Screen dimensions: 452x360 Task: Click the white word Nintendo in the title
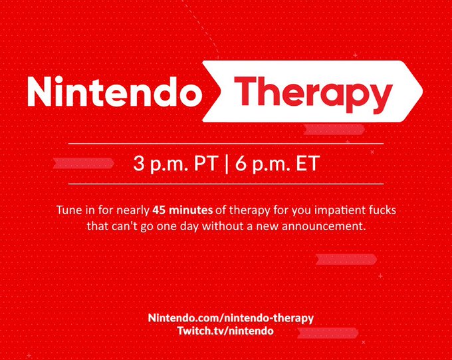tap(114, 92)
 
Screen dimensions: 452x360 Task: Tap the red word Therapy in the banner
tap(313, 94)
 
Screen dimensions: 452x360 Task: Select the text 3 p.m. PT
tap(175, 164)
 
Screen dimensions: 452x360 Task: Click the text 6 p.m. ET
tap(277, 164)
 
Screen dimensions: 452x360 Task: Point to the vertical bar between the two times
tap(226, 164)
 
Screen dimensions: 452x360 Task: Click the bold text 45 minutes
tap(183, 210)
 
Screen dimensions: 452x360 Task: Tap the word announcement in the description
tap(324, 226)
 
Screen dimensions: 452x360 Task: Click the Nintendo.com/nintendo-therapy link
tap(231, 318)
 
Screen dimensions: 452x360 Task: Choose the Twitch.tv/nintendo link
tap(225, 331)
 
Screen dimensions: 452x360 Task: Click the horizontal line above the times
tap(226, 144)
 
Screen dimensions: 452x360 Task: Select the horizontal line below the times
tap(226, 184)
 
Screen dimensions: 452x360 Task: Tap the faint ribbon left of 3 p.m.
tap(84, 164)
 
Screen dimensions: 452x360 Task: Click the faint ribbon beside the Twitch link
tap(328, 333)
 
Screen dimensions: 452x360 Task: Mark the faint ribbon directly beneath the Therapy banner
tap(334, 130)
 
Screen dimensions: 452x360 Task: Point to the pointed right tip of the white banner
tap(423, 91)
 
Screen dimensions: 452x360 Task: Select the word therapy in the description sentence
tap(250, 210)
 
